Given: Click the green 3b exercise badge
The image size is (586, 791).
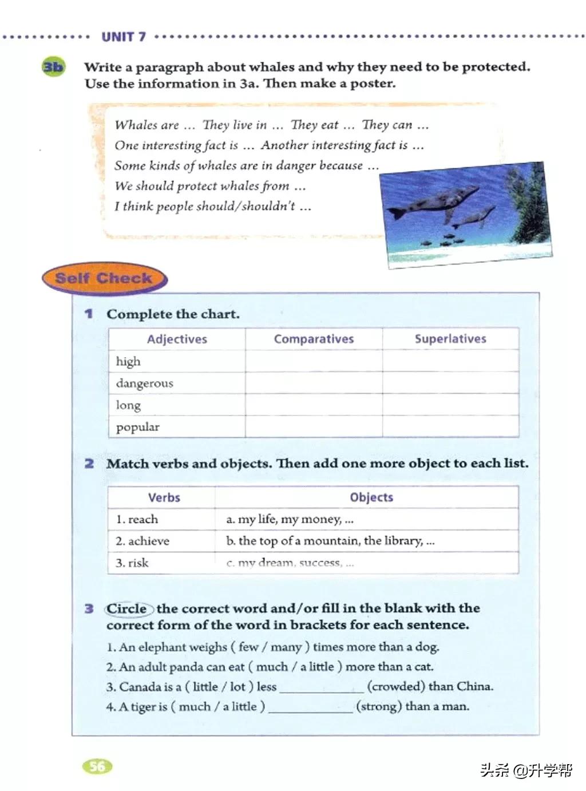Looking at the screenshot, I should (x=53, y=67).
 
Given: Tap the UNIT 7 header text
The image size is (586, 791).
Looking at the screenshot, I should (x=124, y=37).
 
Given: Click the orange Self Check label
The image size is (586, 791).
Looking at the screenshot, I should (x=104, y=279).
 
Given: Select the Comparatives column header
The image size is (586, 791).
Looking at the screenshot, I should (x=314, y=339).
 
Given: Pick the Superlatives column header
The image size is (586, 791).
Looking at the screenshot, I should (x=450, y=339).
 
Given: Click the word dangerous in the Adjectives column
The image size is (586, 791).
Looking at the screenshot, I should (x=144, y=383).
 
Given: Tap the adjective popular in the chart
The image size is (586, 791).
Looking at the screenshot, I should (x=138, y=427).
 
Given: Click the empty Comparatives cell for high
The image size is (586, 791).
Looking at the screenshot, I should (x=314, y=361).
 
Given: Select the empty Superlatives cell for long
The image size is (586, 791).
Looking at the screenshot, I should (x=450, y=405).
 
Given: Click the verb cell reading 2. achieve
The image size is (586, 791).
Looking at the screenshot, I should (x=142, y=541).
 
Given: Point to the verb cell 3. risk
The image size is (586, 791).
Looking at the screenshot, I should (x=132, y=563).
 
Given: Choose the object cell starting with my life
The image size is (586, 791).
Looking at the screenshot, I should (x=290, y=519).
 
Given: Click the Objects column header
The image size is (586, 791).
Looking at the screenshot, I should (x=371, y=497).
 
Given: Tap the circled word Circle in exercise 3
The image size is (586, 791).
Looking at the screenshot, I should (x=127, y=608).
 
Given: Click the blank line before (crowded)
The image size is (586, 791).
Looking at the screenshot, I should (x=322, y=687).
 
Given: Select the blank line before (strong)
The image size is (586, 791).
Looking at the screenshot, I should (x=311, y=707).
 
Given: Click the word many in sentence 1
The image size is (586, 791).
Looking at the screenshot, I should (x=286, y=647).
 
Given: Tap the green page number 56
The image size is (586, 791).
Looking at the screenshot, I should (x=97, y=766).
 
